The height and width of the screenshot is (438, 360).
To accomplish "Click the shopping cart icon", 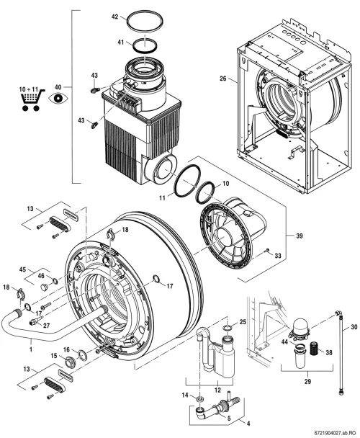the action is (32, 100).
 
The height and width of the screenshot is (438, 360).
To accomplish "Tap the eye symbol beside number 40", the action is (58, 98).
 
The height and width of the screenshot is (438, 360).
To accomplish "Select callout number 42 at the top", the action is (114, 17).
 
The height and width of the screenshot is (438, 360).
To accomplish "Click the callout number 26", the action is (223, 79).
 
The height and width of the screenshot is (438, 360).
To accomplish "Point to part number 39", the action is (299, 236).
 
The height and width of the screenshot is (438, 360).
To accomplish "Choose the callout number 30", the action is (354, 326).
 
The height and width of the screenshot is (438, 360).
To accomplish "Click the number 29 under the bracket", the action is (307, 381).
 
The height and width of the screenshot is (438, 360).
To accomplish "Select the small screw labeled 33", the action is (267, 250).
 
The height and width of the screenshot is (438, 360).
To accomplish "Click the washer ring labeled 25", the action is (228, 327).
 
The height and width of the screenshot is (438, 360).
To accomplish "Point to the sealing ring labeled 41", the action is (145, 45).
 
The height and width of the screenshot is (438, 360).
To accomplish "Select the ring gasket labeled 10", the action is (206, 192).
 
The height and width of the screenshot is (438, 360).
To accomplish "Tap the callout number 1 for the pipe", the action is (31, 349).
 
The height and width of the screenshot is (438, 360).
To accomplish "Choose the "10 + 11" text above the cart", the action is (28, 89).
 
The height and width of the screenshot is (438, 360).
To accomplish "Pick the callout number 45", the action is (22, 269).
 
